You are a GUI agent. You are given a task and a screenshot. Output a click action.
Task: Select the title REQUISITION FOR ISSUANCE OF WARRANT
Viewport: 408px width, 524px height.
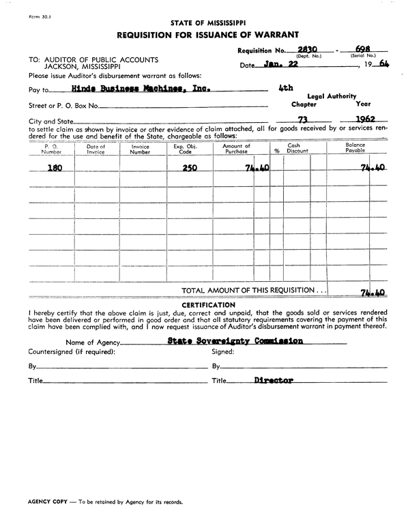pyautogui.click(x=206, y=35)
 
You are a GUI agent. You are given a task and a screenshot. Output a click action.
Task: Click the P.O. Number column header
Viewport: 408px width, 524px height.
pyautogui.click(x=52, y=149)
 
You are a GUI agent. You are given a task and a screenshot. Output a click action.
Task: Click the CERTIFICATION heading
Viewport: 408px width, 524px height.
pyautogui.click(x=208, y=304)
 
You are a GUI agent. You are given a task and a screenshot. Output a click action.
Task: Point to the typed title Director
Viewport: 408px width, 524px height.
pyautogui.click(x=273, y=381)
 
